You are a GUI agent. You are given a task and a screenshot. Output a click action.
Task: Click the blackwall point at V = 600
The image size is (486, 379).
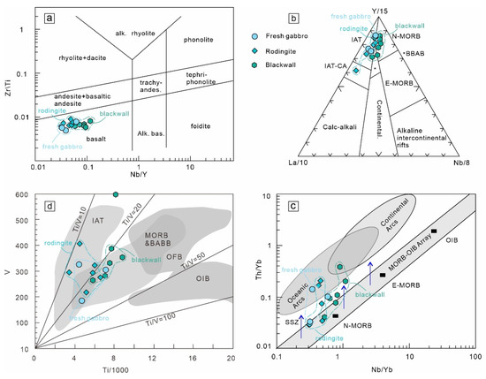click(x=116, y=194)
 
